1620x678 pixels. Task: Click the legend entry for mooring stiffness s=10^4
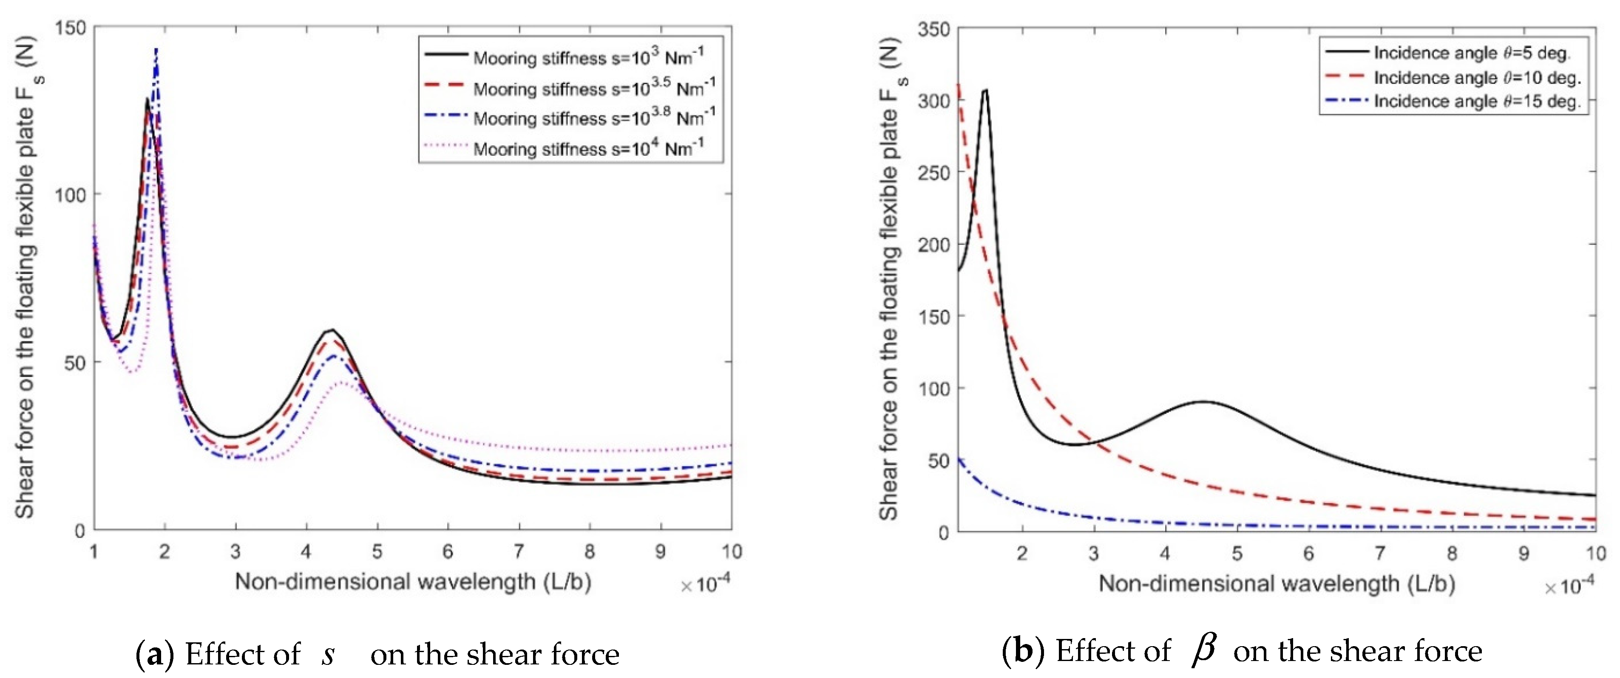[587, 148]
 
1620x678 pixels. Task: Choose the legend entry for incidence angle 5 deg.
[1472, 53]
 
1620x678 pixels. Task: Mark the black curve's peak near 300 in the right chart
[985, 90]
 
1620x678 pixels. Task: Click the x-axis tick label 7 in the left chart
[518, 552]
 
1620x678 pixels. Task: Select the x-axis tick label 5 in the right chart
[1237, 554]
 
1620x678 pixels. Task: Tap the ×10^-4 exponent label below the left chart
[705, 584]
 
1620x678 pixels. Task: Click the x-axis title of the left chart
[413, 582]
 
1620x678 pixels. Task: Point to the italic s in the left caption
[328, 655]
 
